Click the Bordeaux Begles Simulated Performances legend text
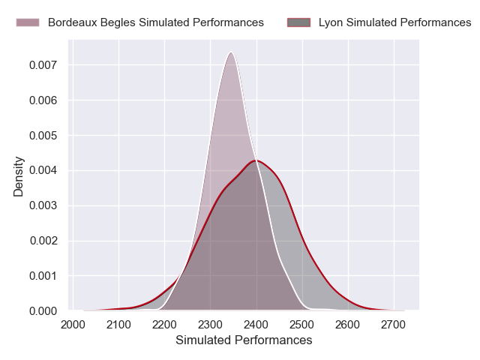[155, 22]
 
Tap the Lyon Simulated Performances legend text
[394, 22]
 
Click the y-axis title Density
[19, 176]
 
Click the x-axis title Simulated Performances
[244, 340]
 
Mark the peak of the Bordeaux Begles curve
[231, 52]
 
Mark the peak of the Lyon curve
[256, 160]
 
